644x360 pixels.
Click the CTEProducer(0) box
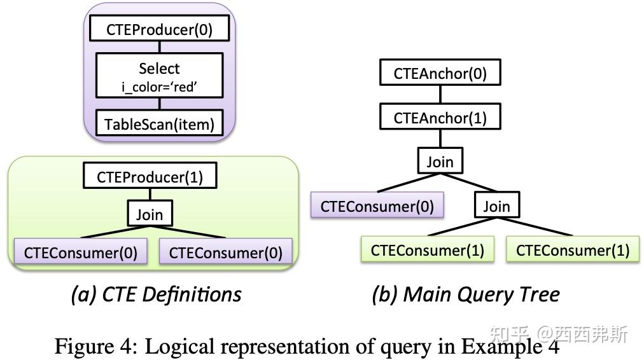160,29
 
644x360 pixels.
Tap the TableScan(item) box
160,124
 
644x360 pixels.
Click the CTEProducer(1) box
150,176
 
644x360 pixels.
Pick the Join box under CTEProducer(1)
150,214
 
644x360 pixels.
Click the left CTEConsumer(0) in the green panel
81,253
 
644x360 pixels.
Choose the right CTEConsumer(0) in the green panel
225,253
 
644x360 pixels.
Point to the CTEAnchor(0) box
440,73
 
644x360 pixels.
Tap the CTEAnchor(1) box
440,118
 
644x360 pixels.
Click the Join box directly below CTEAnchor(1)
440,162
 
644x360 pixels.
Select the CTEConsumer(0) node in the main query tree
377,206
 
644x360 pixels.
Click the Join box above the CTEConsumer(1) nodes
496,206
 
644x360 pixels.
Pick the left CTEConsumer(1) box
428,250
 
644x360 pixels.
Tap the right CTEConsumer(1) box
572,250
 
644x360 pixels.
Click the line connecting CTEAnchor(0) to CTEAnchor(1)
440,95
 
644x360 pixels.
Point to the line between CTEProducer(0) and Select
160,47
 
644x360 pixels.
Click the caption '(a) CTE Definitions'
156,294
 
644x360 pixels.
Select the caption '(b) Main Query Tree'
466,294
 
